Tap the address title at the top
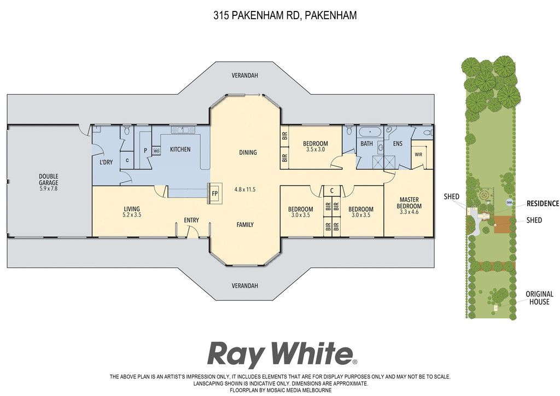click(x=285, y=15)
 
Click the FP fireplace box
click(x=215, y=193)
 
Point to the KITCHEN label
click(x=180, y=149)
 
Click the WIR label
click(x=418, y=155)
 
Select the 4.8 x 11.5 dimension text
click(x=245, y=189)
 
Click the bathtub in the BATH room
click(x=370, y=132)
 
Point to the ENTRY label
click(x=191, y=220)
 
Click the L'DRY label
click(x=106, y=162)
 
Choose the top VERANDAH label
click(x=244, y=75)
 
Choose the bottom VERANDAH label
click(x=244, y=286)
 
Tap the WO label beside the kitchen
click(x=156, y=151)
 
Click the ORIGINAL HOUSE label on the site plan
click(x=539, y=298)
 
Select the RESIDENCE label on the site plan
click(x=543, y=203)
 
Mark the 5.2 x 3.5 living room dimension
click(x=132, y=215)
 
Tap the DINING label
click(x=248, y=153)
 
